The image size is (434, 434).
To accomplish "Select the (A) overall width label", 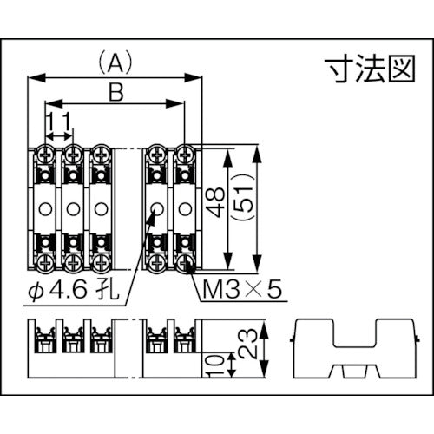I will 115,62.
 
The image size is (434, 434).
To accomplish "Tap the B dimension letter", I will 115,89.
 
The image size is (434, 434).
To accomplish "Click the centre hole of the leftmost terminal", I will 45,207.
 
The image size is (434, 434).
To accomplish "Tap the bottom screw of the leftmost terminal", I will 45,259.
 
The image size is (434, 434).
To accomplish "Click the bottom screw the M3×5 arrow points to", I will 184,259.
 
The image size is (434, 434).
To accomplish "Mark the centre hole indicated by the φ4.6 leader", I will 157,207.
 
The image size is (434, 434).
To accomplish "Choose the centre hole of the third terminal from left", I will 101,207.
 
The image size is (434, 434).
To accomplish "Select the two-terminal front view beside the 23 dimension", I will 170,347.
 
